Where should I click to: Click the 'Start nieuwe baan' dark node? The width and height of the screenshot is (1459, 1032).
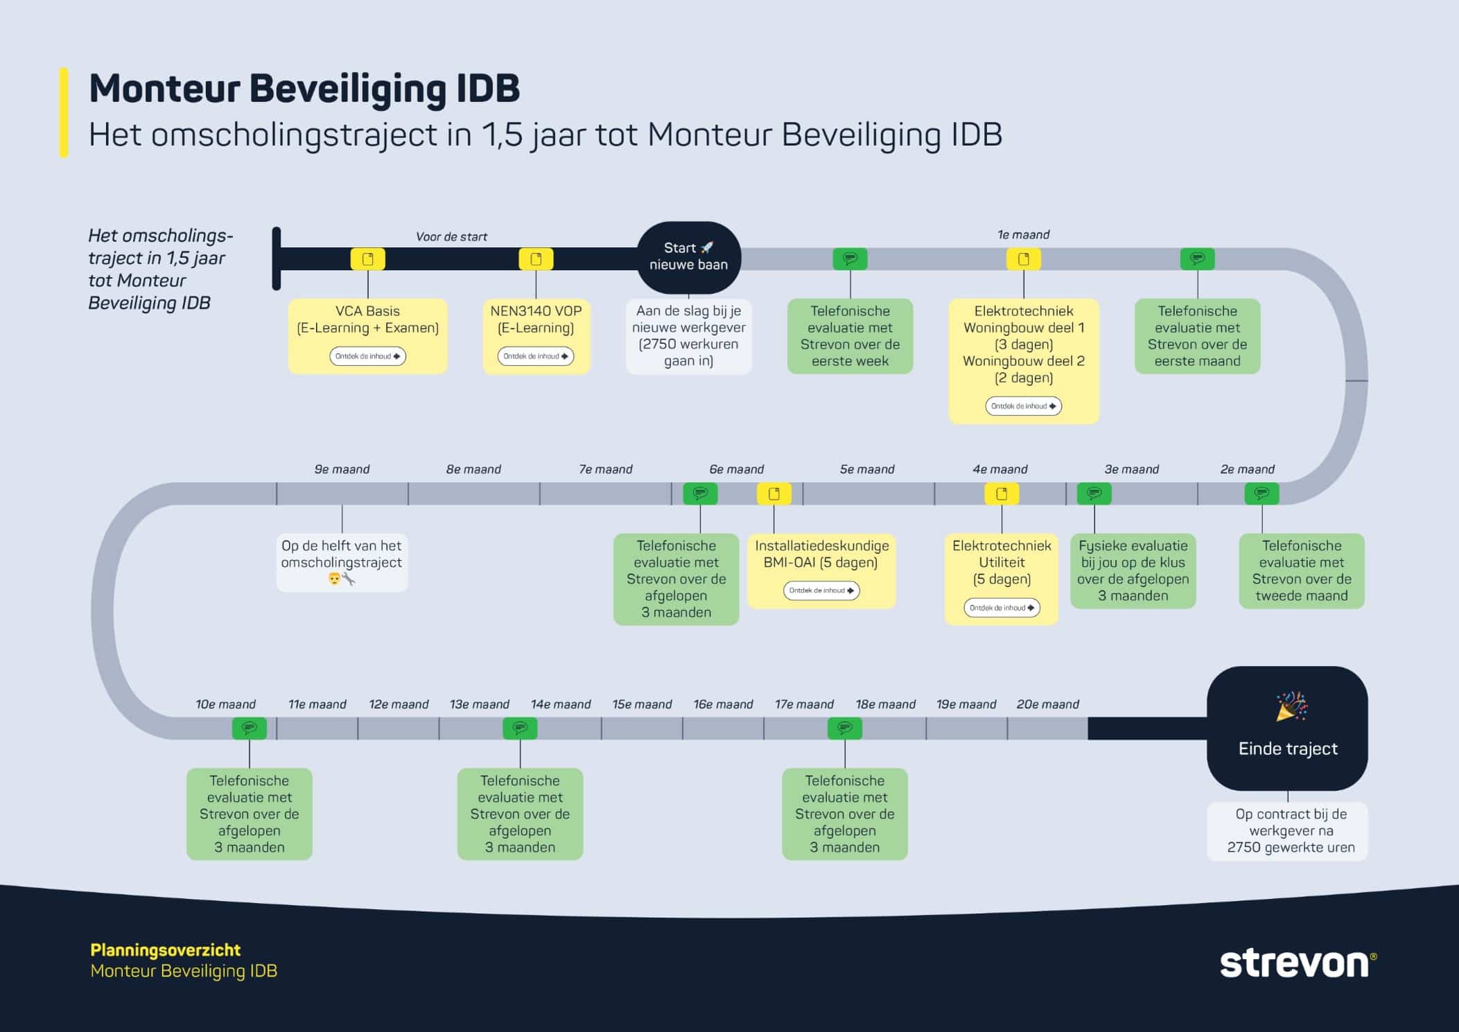pyautogui.click(x=688, y=257)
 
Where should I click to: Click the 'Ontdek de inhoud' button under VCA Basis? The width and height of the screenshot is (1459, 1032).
pyautogui.click(x=367, y=356)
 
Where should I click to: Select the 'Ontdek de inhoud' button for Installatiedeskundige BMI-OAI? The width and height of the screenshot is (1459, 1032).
pyautogui.click(x=821, y=591)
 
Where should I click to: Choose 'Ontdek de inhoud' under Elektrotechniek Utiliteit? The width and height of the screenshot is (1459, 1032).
pyautogui.click(x=1002, y=608)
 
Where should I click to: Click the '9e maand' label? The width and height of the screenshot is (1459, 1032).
pyautogui.click(x=342, y=469)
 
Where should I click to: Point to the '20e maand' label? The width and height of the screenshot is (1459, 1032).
pyautogui.click(x=1047, y=704)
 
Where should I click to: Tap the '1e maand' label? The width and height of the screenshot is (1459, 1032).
pyautogui.click(x=1023, y=235)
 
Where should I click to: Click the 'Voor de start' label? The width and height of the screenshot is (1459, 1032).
pyautogui.click(x=451, y=237)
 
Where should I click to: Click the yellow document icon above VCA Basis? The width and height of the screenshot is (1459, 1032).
pyautogui.click(x=367, y=259)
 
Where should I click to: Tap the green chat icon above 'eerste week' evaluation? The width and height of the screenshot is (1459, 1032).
pyautogui.click(x=850, y=259)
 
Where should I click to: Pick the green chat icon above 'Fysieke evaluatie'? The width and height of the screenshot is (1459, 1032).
pyautogui.click(x=1094, y=493)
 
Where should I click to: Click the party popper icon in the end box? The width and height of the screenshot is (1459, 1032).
pyautogui.click(x=1291, y=706)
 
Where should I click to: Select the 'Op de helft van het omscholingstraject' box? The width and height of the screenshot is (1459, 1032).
pyautogui.click(x=342, y=562)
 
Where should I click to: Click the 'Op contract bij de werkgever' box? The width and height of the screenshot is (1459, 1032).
pyautogui.click(x=1287, y=831)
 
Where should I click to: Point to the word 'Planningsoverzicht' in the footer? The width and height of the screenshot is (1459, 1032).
pyautogui.click(x=166, y=950)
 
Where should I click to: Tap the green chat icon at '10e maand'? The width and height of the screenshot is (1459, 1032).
pyautogui.click(x=250, y=728)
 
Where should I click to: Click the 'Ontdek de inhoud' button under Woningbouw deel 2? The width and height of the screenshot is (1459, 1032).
pyautogui.click(x=1023, y=406)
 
